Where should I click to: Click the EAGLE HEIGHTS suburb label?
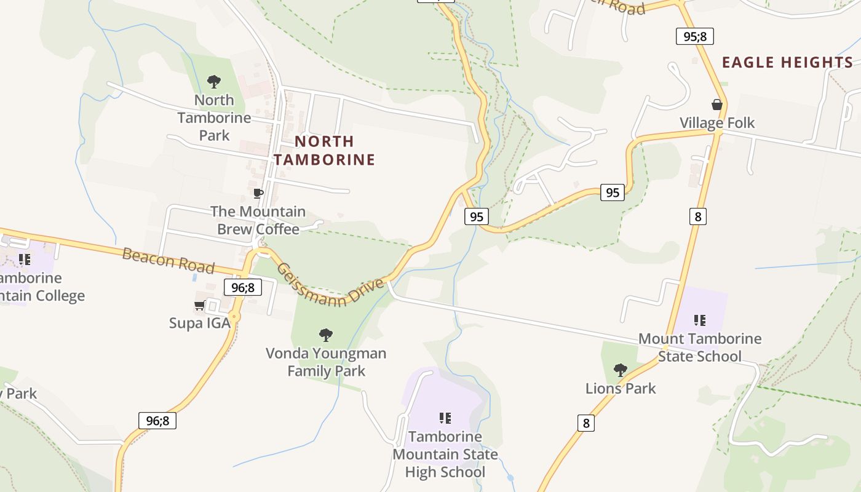pyautogui.click(x=787, y=62)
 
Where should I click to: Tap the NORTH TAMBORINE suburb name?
pyautogui.click(x=324, y=151)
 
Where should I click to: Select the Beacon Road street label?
pyautogui.click(x=168, y=261)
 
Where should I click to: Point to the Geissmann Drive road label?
pyautogui.click(x=330, y=284)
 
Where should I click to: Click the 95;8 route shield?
pyautogui.click(x=694, y=36)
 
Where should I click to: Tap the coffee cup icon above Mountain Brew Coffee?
pyautogui.click(x=258, y=194)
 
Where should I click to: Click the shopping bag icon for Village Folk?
pyautogui.click(x=716, y=105)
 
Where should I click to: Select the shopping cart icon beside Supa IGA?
pyautogui.click(x=199, y=305)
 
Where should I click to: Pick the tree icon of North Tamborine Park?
pyautogui.click(x=214, y=81)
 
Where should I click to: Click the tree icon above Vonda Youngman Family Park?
pyautogui.click(x=326, y=335)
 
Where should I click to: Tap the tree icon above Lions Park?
pyautogui.click(x=621, y=370)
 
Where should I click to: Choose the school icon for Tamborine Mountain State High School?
pyautogui.click(x=445, y=418)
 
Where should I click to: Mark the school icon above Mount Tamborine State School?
pyautogui.click(x=699, y=320)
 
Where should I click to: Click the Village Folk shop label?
pyautogui.click(x=716, y=123)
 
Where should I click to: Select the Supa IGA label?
pyautogui.click(x=200, y=323)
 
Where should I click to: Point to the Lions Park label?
pyautogui.click(x=621, y=389)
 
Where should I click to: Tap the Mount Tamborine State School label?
pyautogui.click(x=700, y=347)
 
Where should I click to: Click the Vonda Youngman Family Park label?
pyautogui.click(x=326, y=362)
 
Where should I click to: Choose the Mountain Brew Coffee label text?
pyautogui.click(x=258, y=220)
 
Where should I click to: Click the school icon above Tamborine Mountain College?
pyautogui.click(x=24, y=259)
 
